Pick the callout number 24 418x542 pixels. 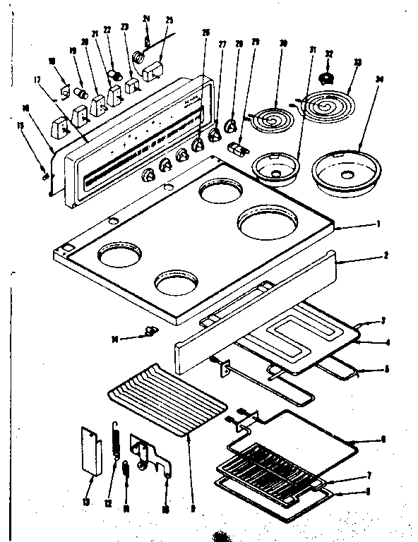pos(146,19)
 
